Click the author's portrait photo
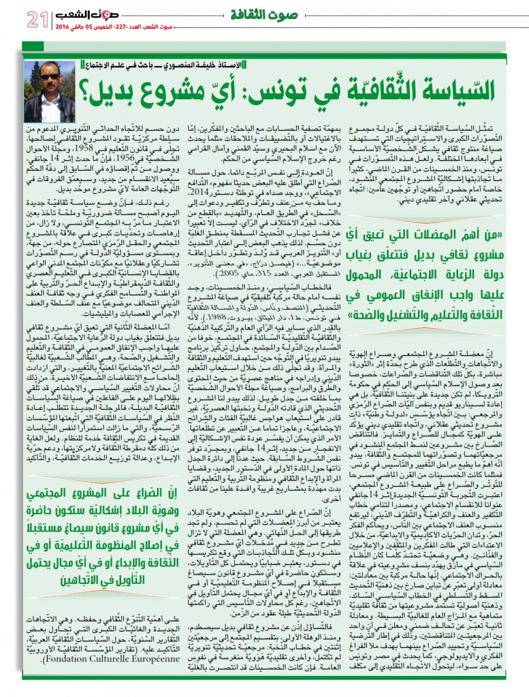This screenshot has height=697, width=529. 49,92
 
